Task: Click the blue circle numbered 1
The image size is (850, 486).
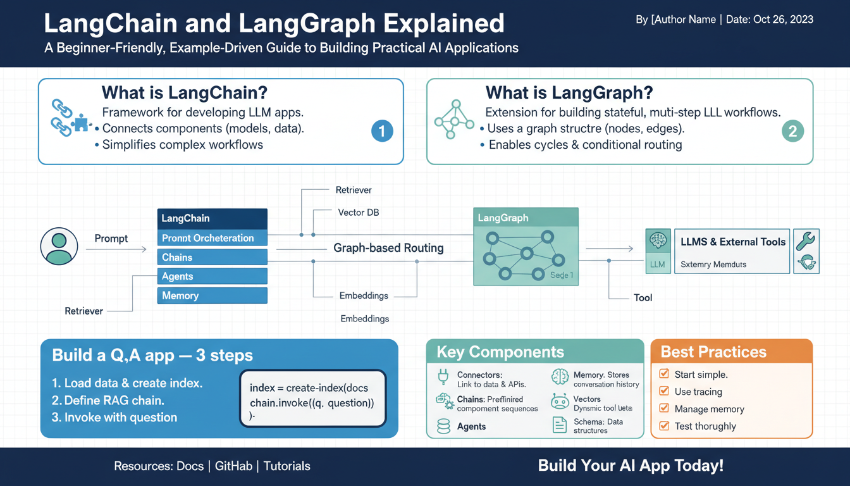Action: tap(381, 131)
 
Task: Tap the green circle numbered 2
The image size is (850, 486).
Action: tap(792, 131)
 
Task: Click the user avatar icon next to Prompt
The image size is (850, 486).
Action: tap(59, 246)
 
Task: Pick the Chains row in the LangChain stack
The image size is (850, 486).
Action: tap(212, 258)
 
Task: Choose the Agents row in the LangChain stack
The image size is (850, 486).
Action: tap(212, 277)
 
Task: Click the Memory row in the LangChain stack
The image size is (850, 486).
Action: tap(212, 296)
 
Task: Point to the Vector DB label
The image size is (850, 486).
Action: tap(359, 213)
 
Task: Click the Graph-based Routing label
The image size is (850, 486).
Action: tap(388, 248)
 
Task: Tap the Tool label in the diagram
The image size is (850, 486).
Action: tap(643, 297)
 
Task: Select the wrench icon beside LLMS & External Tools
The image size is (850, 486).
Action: tap(806, 240)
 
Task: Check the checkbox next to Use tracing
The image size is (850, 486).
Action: tap(664, 391)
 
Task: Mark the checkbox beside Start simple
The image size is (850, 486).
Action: tap(664, 374)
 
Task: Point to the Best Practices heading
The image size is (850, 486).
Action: tap(713, 352)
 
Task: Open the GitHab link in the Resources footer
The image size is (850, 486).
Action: tap(233, 466)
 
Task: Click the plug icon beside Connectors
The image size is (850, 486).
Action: tap(443, 378)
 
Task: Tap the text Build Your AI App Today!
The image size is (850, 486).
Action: tap(631, 466)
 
